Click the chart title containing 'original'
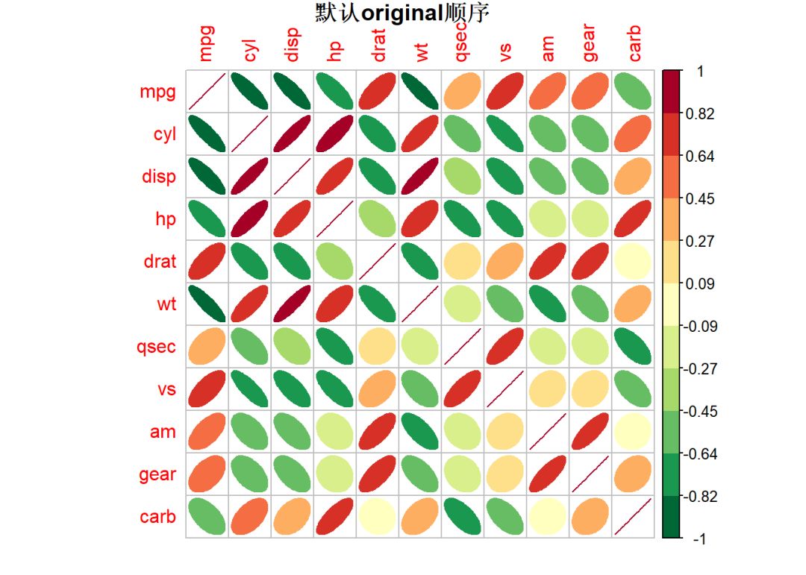click(x=402, y=13)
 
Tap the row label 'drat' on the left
click(x=159, y=261)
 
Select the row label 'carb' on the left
click(x=158, y=516)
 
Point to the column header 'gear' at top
click(x=590, y=43)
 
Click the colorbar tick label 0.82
click(x=702, y=114)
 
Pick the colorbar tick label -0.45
click(x=704, y=412)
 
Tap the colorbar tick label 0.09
click(x=702, y=284)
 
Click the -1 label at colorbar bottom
click(x=699, y=539)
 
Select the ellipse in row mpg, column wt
click(x=420, y=92)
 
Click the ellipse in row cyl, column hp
click(x=335, y=134)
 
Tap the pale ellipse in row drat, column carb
click(x=633, y=262)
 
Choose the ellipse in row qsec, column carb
click(x=633, y=347)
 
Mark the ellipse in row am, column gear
click(x=590, y=432)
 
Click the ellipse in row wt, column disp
click(x=293, y=304)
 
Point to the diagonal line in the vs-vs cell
click(x=505, y=389)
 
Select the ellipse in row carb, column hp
click(x=335, y=517)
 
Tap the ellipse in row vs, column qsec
click(x=463, y=389)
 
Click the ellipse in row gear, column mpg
click(x=207, y=474)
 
